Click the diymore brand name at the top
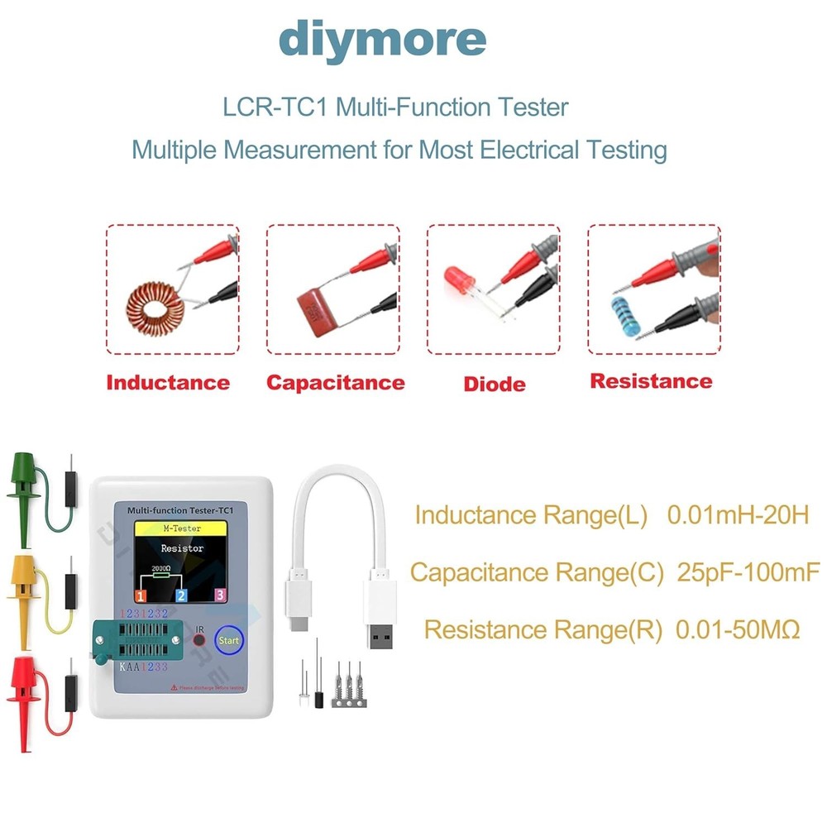coord(381,40)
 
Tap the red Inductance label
coord(168,382)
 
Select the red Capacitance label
coord(335,382)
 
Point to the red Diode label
coord(495,384)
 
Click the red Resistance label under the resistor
coord(651,381)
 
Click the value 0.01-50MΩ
coord(738,629)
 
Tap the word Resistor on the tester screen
coord(181,547)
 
